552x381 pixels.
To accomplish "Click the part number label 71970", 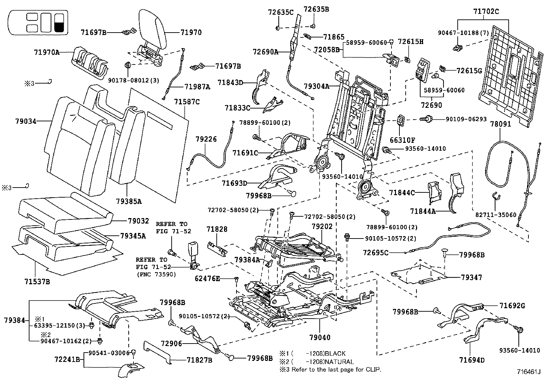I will pos(191,32).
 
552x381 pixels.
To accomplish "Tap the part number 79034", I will pos(26,121).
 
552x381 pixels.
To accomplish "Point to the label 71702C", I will pos(486,11).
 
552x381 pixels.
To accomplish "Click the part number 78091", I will pos(501,124).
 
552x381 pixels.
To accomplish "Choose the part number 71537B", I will pos(37,282).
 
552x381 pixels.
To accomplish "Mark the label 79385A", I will pos(129,201).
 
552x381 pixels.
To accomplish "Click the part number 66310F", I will pos(403,140).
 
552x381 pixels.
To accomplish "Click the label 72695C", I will pos(376,253).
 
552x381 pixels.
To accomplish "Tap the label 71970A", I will pos(47,52).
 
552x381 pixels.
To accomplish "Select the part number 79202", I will pos(322,227).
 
